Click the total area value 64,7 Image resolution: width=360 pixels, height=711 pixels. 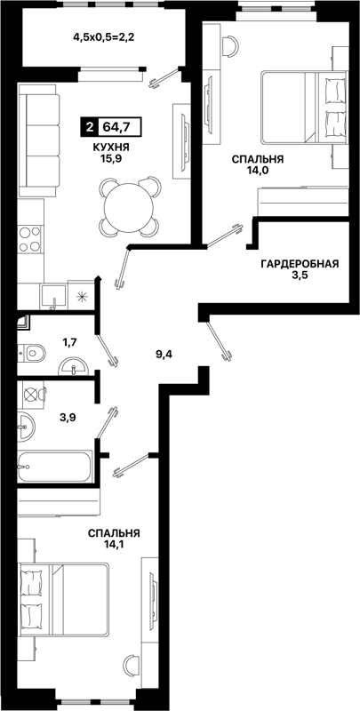coord(116,127)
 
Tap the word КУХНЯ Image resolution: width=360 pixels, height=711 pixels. coord(110,148)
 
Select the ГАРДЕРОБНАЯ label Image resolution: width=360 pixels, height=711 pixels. coord(300,264)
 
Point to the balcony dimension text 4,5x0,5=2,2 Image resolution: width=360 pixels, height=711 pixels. coord(105,37)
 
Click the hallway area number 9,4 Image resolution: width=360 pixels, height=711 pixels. coord(164,354)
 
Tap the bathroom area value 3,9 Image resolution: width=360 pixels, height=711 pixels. coord(68,417)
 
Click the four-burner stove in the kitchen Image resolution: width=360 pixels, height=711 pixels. coord(30,239)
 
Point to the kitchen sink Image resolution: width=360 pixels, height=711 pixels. coord(53,297)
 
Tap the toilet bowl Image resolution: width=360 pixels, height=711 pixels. coord(32,351)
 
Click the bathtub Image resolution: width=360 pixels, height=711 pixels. coord(54,466)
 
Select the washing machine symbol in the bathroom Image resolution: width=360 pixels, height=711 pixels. coord(32,394)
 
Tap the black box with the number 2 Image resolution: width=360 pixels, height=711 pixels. coord(89,127)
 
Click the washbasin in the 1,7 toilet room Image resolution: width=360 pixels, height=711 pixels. coord(74,367)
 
